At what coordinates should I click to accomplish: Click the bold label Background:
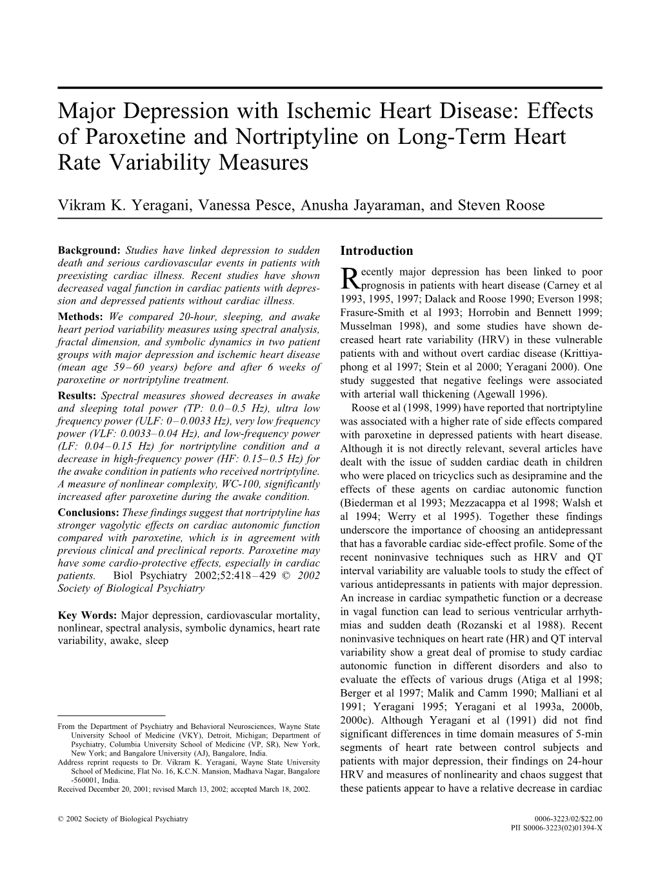pyautogui.click(x=90, y=250)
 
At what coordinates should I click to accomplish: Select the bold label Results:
pyautogui.click(x=78, y=396)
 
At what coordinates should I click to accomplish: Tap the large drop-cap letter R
pyautogui.click(x=348, y=278)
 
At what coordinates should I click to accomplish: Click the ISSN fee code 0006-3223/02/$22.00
pyautogui.click(x=568, y=818)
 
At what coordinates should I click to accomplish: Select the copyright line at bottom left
pyautogui.click(x=123, y=818)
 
